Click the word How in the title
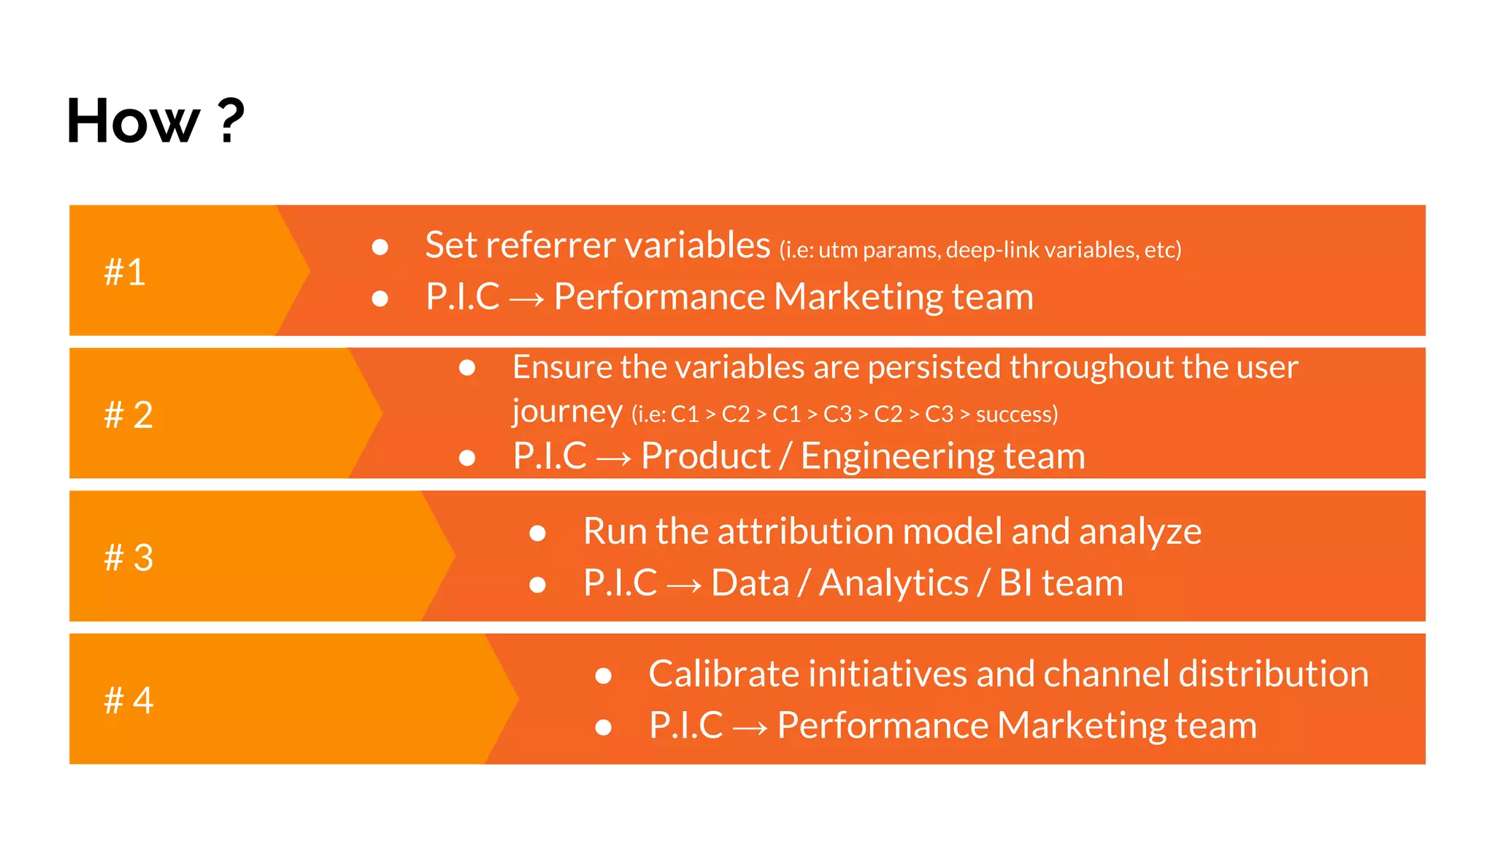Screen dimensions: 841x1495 click(x=132, y=121)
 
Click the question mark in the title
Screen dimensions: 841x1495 click(x=231, y=121)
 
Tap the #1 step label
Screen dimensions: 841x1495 click(x=125, y=272)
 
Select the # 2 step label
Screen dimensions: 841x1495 click(x=128, y=415)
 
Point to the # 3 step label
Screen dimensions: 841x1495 click(x=128, y=558)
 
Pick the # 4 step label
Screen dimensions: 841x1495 click(x=128, y=700)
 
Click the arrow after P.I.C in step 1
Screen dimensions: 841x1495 click(x=526, y=299)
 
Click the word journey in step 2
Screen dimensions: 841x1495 click(x=567, y=412)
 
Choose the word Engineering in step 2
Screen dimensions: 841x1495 click(x=897, y=457)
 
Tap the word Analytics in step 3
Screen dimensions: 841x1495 click(x=893, y=583)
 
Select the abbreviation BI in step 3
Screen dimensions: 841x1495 click(x=1015, y=583)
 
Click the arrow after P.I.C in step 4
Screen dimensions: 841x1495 click(x=750, y=728)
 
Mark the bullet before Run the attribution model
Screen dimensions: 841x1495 click(x=538, y=534)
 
